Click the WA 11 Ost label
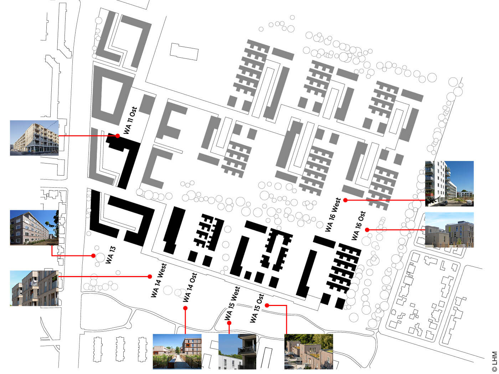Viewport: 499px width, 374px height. tap(130, 120)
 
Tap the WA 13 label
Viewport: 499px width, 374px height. tap(111, 255)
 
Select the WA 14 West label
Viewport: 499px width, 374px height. tap(159, 280)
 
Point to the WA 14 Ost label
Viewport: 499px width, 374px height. tap(190, 287)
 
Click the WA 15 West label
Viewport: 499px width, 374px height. tap(232, 303)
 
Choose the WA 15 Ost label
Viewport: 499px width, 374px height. tap(257, 308)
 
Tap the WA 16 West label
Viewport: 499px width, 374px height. tap(333, 214)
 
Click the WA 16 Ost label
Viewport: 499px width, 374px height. tap(359, 225)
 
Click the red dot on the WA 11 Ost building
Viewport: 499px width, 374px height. tap(118, 136)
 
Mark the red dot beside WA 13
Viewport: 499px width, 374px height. tap(93, 256)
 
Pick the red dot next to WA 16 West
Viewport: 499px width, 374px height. tap(345, 200)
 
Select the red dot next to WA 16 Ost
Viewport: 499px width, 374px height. tap(367, 230)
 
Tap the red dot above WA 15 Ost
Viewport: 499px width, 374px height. tap(267, 305)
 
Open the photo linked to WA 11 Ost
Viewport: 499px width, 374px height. tap(34, 138)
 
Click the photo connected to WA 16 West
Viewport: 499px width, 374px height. tap(449, 184)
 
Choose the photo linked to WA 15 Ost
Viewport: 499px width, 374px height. tap(309, 352)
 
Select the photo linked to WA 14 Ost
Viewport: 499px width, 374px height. tap(177, 352)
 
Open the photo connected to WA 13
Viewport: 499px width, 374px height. tap(34, 228)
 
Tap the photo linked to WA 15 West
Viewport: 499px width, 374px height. tap(237, 352)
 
